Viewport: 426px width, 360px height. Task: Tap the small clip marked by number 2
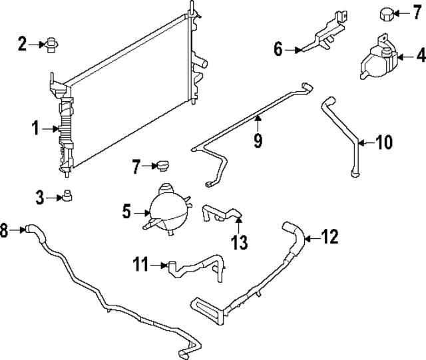[x=51, y=45]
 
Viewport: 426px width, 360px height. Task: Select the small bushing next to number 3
[x=67, y=196]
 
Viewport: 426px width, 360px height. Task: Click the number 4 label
[x=420, y=57]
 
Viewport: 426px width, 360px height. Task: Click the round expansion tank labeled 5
[x=166, y=207]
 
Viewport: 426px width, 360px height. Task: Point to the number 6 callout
[x=279, y=48]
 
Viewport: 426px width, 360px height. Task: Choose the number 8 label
[x=5, y=231]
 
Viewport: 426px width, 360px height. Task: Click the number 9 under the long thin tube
[x=258, y=140]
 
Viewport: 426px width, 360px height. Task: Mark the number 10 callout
[x=384, y=142]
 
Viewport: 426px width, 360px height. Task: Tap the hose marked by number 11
[x=200, y=266]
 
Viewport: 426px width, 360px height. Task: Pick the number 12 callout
[x=330, y=236]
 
